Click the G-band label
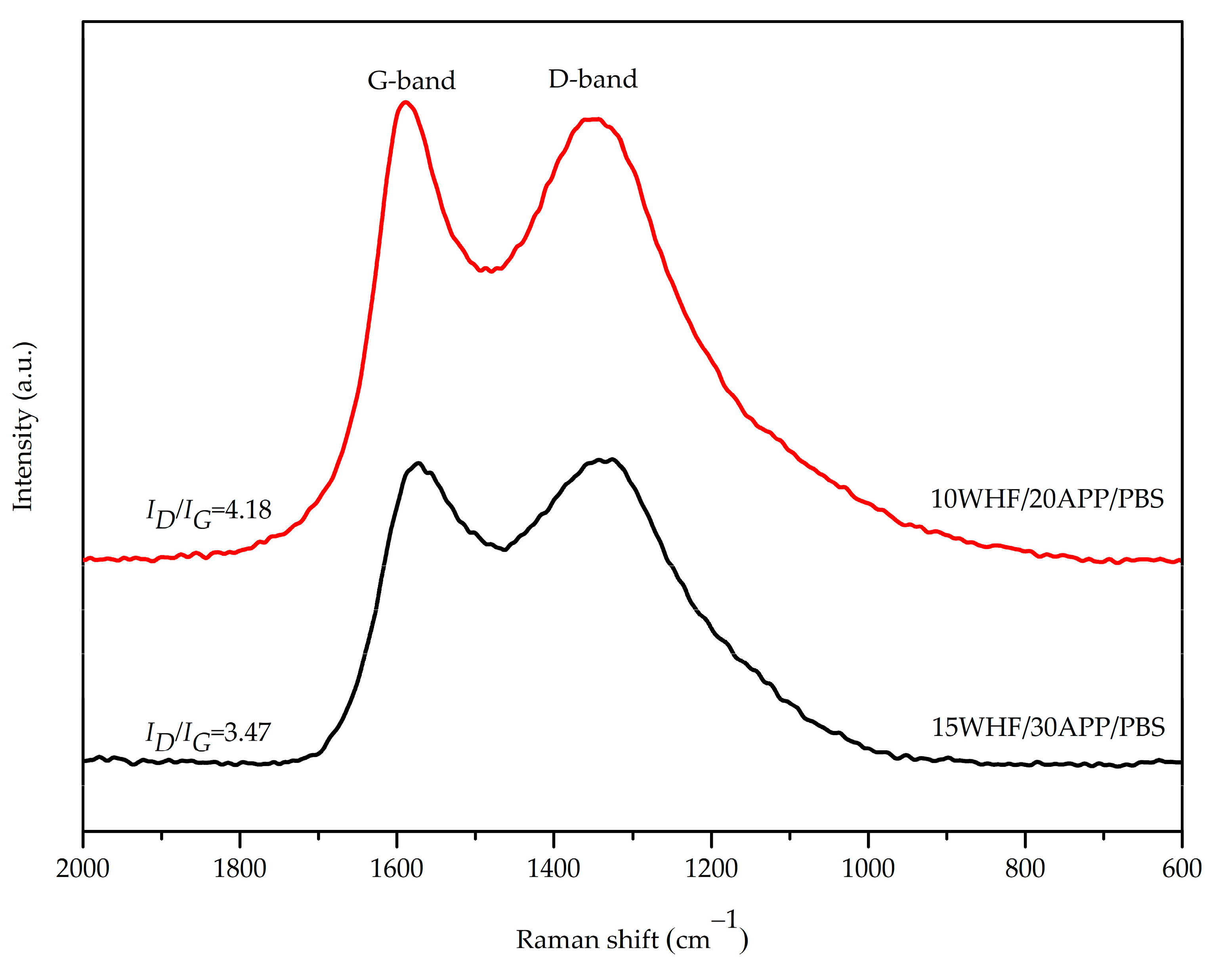tap(411, 81)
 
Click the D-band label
tap(593, 79)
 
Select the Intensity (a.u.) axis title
tap(24, 426)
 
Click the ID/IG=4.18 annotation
tap(209, 512)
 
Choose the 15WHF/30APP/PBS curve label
tap(1048, 727)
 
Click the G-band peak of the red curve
tap(405, 102)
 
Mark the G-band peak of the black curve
tap(418, 463)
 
